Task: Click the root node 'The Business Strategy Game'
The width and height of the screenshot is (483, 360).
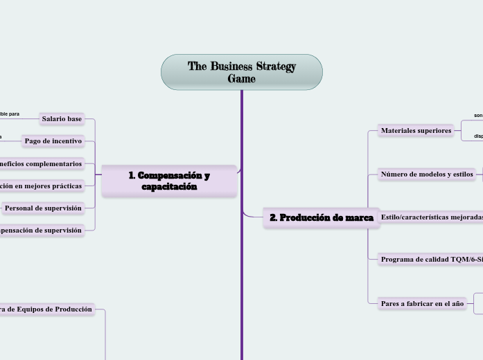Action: point(242,72)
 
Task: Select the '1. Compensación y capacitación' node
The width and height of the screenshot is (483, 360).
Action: point(169,181)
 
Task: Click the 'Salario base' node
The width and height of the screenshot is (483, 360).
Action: point(62,119)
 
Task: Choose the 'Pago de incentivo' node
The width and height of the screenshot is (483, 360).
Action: point(53,141)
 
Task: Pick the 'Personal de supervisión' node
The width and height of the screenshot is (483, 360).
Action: point(43,208)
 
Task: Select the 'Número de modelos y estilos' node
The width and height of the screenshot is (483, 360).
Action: point(427,174)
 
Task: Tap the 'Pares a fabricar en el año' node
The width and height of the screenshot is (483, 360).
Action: point(422,303)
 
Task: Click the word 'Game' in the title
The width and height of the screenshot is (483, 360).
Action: point(242,79)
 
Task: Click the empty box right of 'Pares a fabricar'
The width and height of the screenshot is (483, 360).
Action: point(478,303)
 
